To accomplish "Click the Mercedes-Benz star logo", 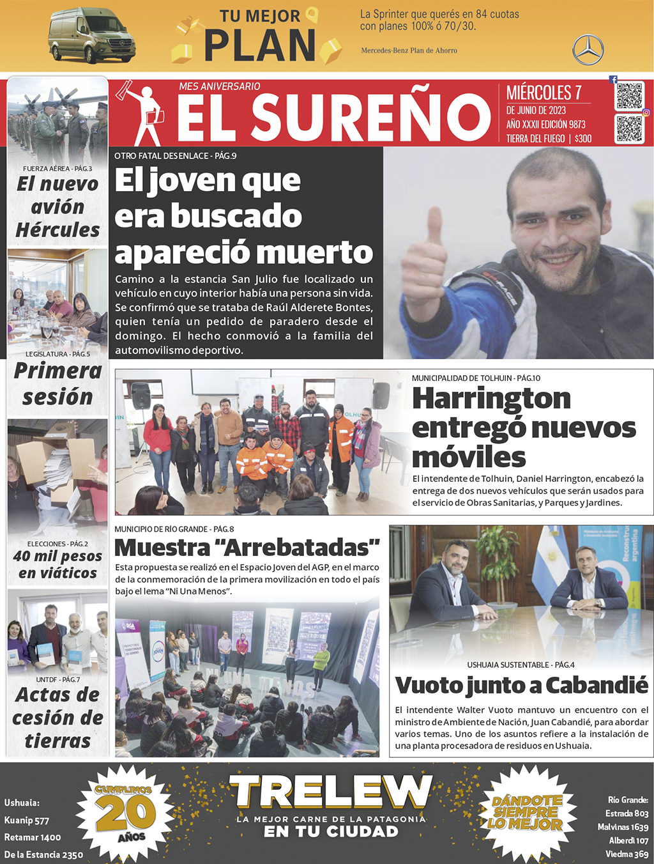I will click(x=588, y=50).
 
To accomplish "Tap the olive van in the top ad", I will click(x=91, y=36).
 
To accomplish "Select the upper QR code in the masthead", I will click(x=629, y=96).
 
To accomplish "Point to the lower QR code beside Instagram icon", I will click(x=629, y=128).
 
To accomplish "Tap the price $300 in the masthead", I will click(x=583, y=139).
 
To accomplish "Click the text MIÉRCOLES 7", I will click(x=544, y=93).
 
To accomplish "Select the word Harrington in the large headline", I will click(x=491, y=398).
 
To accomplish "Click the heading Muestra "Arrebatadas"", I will click(x=247, y=548).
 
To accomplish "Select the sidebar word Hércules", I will click(x=57, y=230).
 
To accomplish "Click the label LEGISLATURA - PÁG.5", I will click(x=57, y=353).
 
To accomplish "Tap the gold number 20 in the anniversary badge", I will click(x=125, y=813).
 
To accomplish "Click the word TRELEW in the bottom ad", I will click(x=331, y=792).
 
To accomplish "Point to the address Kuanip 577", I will click(x=27, y=820).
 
